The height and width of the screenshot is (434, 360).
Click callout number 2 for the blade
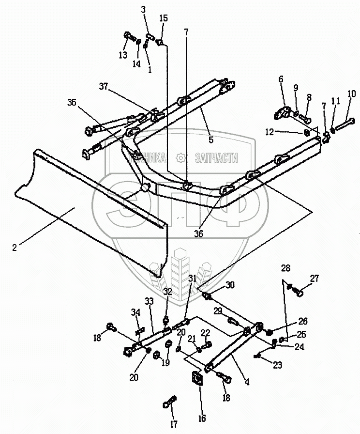[15, 247]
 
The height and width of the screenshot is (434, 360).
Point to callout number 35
[72, 103]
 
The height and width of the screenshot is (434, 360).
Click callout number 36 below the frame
[198, 233]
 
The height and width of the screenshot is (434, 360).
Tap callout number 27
[315, 278]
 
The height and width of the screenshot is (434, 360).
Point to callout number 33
[149, 301]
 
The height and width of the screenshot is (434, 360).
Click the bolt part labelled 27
[299, 292]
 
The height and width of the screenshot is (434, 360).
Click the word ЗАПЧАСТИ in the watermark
[215, 157]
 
